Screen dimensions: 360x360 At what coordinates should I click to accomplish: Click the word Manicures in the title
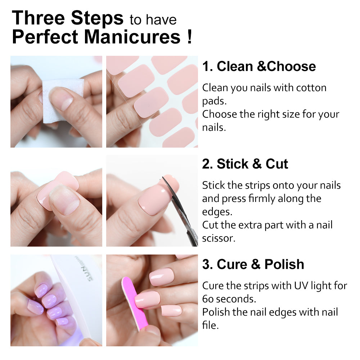click(x=132, y=37)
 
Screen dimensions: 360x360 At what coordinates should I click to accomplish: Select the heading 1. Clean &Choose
click(x=259, y=66)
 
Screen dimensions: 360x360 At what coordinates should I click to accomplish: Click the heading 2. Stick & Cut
click(x=245, y=164)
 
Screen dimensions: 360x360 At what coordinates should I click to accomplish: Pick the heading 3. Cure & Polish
click(x=253, y=264)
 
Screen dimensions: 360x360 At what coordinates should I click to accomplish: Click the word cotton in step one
click(x=311, y=88)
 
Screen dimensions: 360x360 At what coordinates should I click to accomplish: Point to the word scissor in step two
click(x=219, y=238)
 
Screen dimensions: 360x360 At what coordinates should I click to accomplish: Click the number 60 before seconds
click(x=208, y=299)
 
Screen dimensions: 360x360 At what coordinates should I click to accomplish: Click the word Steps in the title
click(x=97, y=18)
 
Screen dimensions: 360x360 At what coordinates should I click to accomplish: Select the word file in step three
click(x=210, y=325)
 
